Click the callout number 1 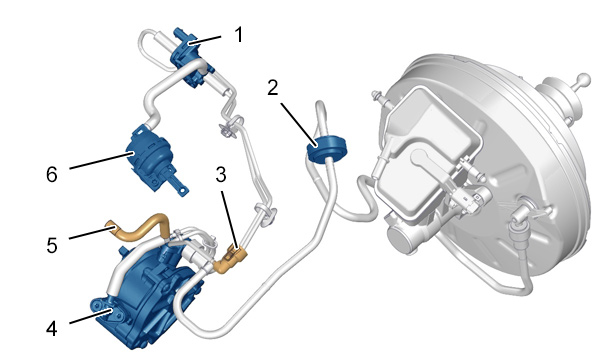(239, 35)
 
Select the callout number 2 (273, 87)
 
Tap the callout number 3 (221, 175)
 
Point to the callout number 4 (52, 329)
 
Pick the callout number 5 (52, 245)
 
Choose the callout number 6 (52, 174)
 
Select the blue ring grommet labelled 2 (327, 147)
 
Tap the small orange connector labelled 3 (230, 259)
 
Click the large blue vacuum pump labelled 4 (149, 298)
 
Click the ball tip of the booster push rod (584, 79)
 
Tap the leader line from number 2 (298, 124)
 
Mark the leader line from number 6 (100, 162)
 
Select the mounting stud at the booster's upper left (379, 96)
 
